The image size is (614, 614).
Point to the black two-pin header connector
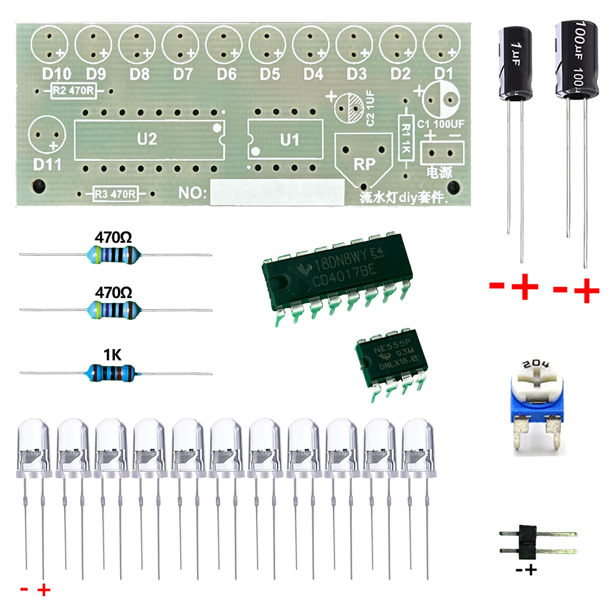528,542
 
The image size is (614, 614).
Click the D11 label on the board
47,165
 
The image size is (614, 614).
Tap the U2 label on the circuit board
147,139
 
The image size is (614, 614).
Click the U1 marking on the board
289,140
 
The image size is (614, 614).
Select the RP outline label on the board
364,164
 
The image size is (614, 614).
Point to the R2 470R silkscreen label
74,91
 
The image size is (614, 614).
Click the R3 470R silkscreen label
116,194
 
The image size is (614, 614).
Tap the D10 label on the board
56,74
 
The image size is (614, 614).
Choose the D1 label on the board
444,74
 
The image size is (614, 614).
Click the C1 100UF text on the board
441,124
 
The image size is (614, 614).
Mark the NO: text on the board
192,193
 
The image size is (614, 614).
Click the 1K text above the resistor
112,355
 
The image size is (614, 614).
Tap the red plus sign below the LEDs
44,590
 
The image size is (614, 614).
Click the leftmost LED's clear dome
34,435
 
